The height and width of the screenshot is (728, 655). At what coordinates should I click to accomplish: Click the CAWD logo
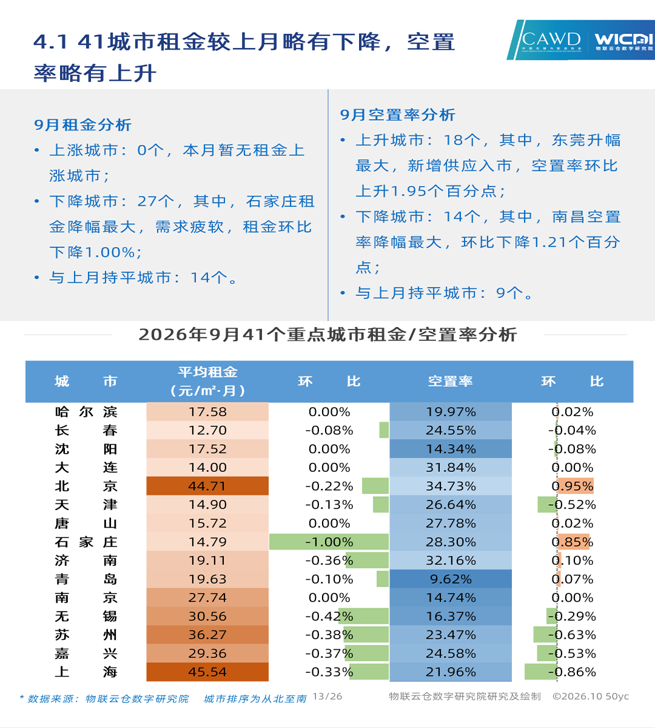coord(551,41)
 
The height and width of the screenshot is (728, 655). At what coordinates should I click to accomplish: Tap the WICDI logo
coord(624,42)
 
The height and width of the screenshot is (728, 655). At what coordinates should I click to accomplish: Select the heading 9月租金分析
coord(82,125)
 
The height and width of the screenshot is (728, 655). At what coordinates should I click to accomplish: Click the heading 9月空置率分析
coord(398,115)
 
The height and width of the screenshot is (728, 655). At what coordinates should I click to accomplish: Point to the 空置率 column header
coord(451,382)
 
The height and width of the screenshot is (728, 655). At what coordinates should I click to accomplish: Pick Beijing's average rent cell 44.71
coord(207,486)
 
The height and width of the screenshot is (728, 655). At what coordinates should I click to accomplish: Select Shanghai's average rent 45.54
coord(207,672)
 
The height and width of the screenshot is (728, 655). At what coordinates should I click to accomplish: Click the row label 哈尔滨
coord(86,412)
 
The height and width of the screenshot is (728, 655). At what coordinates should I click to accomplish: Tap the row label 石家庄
coord(86,542)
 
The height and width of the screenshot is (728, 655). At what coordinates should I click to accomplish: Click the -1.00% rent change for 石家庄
coord(329,542)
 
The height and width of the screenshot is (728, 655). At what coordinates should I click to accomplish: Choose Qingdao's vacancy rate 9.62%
coord(451,579)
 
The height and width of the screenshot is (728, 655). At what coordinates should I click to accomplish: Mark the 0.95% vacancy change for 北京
coord(573,486)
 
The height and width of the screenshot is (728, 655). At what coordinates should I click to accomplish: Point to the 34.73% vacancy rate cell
coord(451,486)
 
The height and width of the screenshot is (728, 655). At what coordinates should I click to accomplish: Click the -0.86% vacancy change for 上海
coord(573,672)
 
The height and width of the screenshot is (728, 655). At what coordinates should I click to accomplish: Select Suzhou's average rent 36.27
coord(207,635)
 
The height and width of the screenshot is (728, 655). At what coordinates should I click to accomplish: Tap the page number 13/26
coord(327,696)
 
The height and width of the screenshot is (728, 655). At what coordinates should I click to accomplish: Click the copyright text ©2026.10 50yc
coord(591,696)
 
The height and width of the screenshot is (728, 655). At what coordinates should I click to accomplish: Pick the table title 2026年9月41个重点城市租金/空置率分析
coord(327,335)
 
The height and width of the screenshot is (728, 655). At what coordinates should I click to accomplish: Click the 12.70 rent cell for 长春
coord(207,430)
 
